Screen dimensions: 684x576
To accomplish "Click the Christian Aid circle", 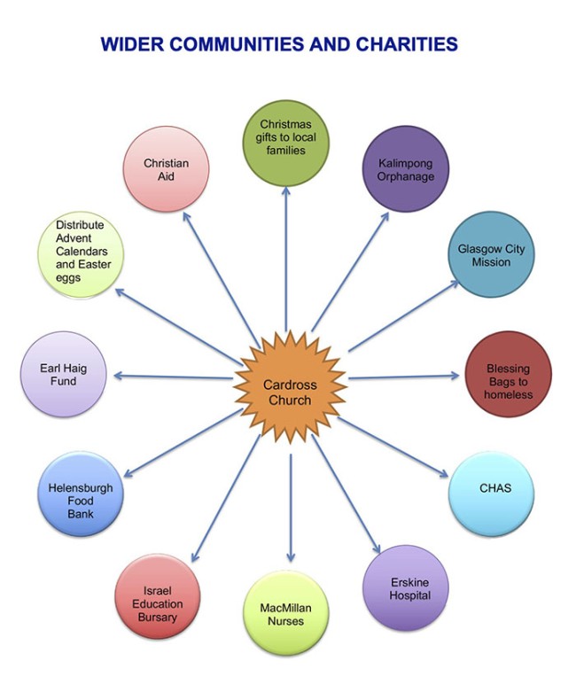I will [167, 169].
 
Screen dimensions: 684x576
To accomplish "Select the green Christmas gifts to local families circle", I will [285, 143].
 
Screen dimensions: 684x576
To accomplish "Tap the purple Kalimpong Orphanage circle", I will [406, 168].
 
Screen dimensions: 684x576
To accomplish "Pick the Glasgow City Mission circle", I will [491, 254].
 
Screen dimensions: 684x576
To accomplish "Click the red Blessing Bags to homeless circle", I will [508, 374].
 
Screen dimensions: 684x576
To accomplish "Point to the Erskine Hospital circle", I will [406, 587].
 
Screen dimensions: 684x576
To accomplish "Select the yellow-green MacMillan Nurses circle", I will [285, 614].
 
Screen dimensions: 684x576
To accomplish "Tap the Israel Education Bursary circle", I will [159, 596].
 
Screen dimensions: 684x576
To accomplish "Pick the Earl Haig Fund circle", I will [63, 374].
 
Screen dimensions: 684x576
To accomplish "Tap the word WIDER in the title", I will [129, 43].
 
